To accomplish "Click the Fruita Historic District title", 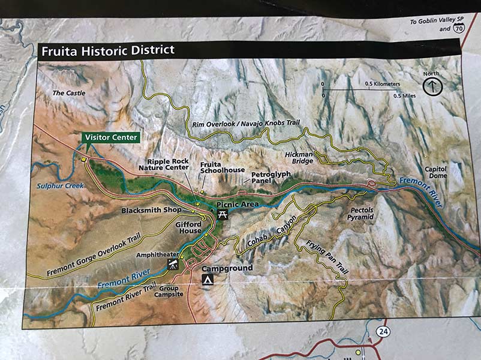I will tap(107, 50).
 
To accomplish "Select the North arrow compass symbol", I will tap(432, 86).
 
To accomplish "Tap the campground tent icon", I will tap(208, 280).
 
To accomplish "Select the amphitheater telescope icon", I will tap(173, 264).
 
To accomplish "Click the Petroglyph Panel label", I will tap(270, 177).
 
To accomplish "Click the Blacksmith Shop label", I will tap(151, 211).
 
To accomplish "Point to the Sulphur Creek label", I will tap(61, 186).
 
